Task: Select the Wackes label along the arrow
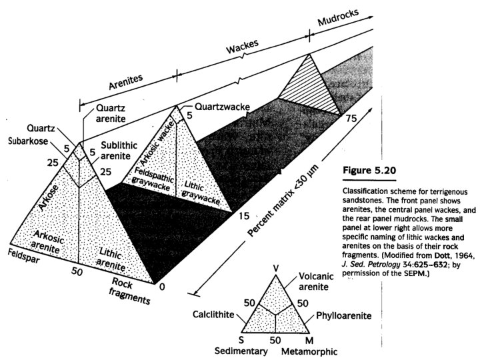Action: click(x=245, y=49)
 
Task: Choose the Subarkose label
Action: click(x=26, y=141)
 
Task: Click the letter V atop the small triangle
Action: click(x=276, y=268)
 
